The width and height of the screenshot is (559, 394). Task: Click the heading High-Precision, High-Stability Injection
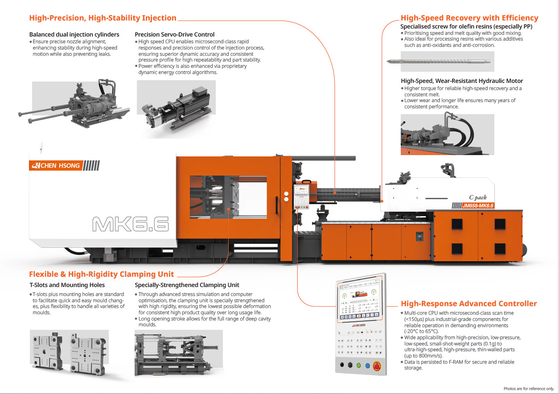[103, 18]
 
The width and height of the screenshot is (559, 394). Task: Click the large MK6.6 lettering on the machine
[130, 224]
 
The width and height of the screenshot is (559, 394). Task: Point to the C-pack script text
[477, 197]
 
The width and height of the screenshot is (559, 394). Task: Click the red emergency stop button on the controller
[377, 366]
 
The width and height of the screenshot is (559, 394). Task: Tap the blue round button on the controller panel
[367, 365]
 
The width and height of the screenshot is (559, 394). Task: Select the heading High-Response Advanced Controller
[469, 304]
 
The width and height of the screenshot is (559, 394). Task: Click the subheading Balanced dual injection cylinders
[74, 34]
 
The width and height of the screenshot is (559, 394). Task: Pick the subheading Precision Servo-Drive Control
[174, 34]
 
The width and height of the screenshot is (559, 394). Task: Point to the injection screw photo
[447, 62]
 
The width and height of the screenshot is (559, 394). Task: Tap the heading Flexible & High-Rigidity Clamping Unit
[102, 274]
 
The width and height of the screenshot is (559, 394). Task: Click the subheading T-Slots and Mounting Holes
[67, 285]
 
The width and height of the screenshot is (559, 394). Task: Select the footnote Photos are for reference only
[529, 389]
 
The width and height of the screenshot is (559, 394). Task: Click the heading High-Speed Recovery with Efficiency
[469, 18]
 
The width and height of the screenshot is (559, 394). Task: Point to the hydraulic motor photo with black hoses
[447, 134]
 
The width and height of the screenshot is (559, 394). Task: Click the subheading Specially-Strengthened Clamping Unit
[187, 285]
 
